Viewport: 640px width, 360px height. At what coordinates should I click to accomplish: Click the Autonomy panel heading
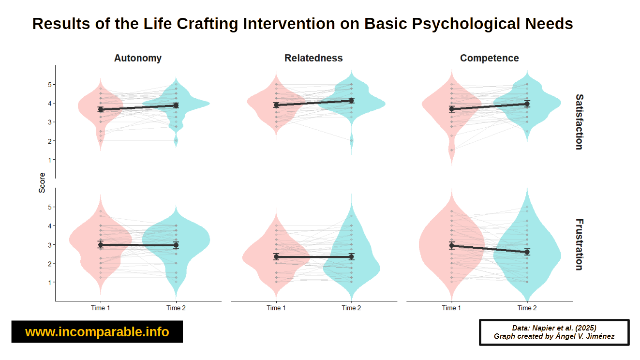pos(138,58)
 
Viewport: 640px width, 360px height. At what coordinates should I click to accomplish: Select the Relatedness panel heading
pos(313,58)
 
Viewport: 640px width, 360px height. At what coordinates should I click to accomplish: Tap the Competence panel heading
pos(489,58)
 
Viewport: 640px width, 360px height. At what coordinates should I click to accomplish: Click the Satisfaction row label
pos(579,122)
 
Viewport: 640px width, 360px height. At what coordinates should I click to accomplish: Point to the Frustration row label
pos(579,244)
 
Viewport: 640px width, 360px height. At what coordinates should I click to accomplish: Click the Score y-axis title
pos(42,183)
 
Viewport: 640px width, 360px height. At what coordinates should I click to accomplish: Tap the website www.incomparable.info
pos(97,332)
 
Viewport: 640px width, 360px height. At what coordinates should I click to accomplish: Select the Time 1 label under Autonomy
pos(101,308)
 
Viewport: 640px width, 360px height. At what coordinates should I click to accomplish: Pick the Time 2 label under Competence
pos(527,308)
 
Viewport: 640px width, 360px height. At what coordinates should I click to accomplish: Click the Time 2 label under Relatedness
pos(351,308)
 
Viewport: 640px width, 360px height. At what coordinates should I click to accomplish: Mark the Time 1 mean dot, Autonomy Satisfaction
pos(101,110)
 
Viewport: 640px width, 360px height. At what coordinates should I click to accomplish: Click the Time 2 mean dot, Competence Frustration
pos(527,252)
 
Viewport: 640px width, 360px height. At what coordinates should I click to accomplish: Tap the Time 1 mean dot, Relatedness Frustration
pos(276,256)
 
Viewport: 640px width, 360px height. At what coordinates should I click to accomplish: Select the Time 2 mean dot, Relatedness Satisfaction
pos(351,101)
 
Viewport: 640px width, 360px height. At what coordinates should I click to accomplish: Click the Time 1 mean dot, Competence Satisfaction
pos(452,109)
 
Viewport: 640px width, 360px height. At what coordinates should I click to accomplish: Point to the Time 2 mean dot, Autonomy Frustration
pos(176,245)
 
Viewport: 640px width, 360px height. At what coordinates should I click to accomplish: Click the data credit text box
pos(554,332)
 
